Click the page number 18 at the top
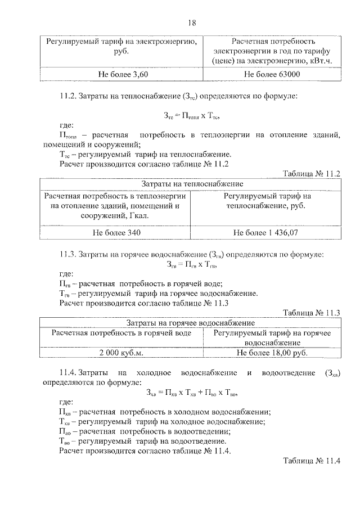192,23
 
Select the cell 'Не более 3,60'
121,74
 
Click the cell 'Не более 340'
115,232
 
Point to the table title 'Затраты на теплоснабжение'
192,184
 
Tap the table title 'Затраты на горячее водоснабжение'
192,323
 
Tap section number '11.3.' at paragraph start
68,254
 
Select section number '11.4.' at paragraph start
68,373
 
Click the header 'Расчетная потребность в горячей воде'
121,333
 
